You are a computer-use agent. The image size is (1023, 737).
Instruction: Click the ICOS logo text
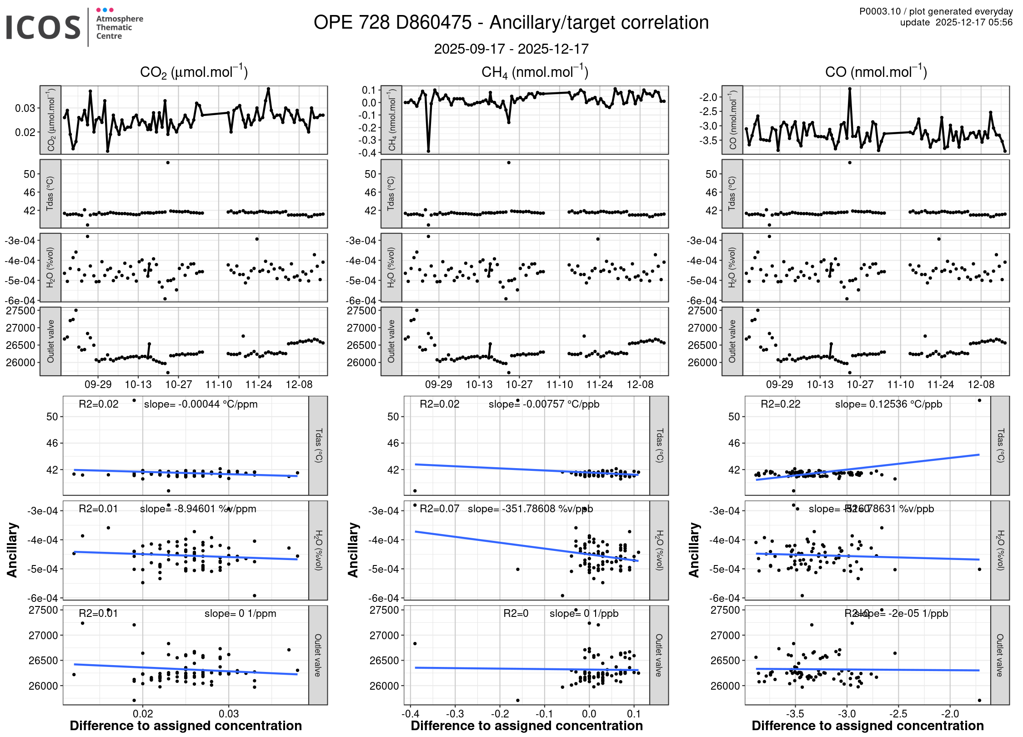point(43,27)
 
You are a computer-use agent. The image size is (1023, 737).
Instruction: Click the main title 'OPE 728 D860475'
point(393,23)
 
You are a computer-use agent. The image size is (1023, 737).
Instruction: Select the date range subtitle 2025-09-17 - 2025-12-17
point(511,49)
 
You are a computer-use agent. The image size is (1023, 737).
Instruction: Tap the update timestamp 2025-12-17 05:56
point(974,22)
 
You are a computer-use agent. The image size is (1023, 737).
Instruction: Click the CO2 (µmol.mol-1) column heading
point(194,72)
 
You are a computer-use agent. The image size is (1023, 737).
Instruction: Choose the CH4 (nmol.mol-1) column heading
point(535,72)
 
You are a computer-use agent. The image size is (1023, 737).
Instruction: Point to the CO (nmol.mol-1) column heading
point(876,72)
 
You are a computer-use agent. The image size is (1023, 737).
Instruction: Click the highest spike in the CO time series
point(849,89)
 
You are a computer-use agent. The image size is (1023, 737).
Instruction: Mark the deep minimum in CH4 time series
point(428,151)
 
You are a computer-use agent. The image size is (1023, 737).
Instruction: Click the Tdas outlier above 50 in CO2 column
point(168,162)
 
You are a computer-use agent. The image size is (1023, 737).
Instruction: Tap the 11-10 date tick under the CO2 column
point(219,384)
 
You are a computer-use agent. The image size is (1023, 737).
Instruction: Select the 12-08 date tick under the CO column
point(981,384)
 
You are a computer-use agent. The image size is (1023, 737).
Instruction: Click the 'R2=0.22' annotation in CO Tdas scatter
point(780,404)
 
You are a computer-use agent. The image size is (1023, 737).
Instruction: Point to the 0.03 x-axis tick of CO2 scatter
point(229,713)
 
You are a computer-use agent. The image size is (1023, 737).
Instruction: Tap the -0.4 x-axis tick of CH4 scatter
point(411,713)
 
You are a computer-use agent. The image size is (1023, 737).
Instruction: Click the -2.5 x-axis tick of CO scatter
point(898,713)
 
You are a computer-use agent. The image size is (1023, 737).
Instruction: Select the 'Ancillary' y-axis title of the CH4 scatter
point(353,550)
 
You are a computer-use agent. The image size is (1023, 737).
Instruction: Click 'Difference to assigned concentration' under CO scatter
point(868,726)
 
